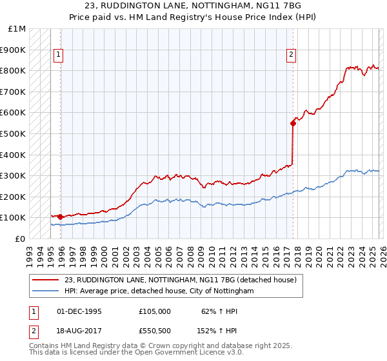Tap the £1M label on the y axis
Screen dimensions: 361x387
17,29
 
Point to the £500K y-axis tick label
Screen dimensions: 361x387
14,133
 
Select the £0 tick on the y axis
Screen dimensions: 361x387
20,239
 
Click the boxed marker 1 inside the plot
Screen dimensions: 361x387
58,55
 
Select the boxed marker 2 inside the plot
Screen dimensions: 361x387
291,55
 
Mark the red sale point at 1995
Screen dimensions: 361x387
60,217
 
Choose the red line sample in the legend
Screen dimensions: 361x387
46,280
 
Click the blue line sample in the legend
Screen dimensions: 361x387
46,291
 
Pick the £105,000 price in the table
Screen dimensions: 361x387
155,311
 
